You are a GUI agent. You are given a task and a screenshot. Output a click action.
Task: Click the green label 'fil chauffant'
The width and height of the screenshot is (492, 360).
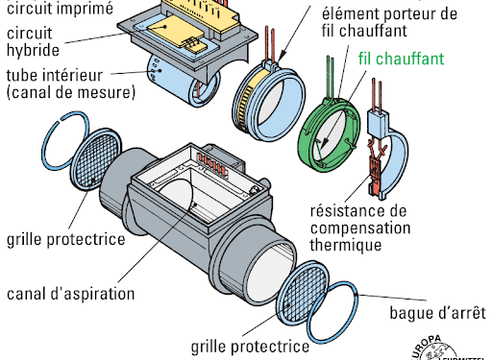pos(401,59)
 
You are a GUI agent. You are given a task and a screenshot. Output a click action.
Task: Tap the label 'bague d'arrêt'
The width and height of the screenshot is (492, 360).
pos(437,313)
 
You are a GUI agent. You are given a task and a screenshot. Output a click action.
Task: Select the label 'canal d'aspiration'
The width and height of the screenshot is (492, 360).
pos(70,294)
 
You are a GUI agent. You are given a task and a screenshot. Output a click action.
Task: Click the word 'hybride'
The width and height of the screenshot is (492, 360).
pos(33,50)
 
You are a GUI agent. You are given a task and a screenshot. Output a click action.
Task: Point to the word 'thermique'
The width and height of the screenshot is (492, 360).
pos(346,245)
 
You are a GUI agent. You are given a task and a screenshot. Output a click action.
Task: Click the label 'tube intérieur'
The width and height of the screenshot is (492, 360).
pos(55,75)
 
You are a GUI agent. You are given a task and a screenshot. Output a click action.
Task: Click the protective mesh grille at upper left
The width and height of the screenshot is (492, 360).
pos(96,159)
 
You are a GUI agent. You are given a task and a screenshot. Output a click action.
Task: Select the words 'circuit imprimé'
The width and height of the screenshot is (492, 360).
pos(60,8)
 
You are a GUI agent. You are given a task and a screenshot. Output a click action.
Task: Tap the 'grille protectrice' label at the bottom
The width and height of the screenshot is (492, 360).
pos(250,347)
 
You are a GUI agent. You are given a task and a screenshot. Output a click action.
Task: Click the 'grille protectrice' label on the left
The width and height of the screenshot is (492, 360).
pos(66,239)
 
